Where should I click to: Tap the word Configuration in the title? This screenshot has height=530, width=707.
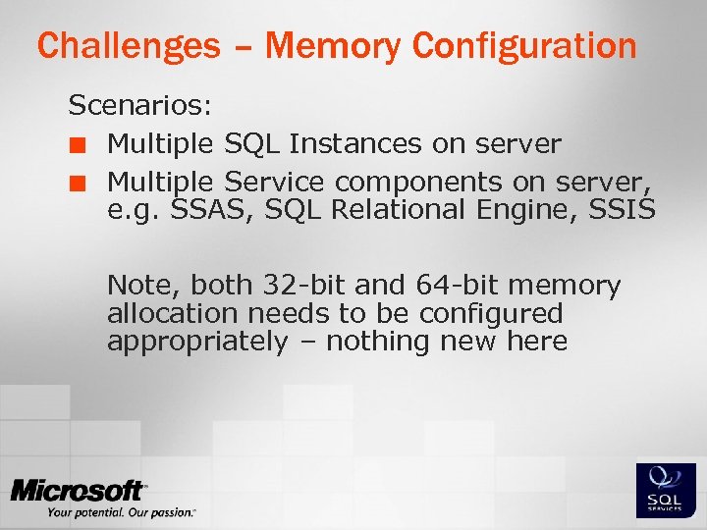click(525, 45)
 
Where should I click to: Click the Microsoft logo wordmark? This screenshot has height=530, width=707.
click(79, 491)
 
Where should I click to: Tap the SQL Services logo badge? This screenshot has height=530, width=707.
click(666, 490)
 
